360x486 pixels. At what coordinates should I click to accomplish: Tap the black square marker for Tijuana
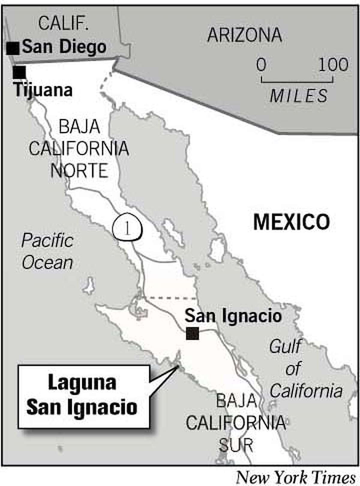[x=19, y=73]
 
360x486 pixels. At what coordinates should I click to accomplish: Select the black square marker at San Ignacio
[x=192, y=333]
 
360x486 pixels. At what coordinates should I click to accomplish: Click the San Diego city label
[x=64, y=47]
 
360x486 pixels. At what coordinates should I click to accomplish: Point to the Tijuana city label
[x=43, y=90]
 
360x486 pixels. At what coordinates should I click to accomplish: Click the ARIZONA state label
[x=244, y=35]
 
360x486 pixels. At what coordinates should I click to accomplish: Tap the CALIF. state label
[x=63, y=23]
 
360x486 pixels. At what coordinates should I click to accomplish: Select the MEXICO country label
[x=292, y=222]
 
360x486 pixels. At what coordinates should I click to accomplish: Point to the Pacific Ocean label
[x=47, y=251]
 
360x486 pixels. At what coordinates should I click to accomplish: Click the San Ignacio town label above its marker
[x=233, y=316]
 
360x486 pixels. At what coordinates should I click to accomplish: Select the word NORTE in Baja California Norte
[x=79, y=170]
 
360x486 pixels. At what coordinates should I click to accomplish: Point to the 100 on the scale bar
[x=333, y=64]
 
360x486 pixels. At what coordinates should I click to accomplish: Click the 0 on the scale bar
[x=261, y=64]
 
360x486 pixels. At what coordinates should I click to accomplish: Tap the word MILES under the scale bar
[x=299, y=96]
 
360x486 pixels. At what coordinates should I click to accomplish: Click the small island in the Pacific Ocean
[x=89, y=286]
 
